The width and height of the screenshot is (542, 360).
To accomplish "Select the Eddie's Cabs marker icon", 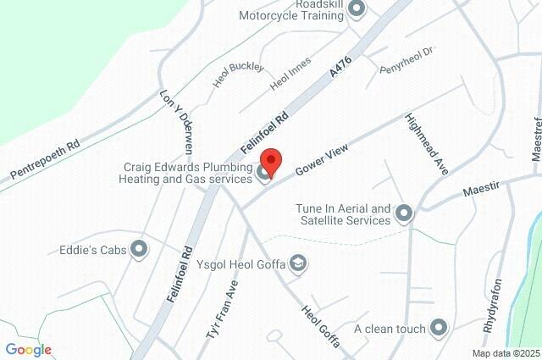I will coord(140,249).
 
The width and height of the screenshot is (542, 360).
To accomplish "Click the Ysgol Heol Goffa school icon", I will coord(297,264).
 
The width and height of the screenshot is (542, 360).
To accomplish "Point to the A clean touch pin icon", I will coord(439,327).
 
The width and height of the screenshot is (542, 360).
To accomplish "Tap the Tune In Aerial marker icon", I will coord(404,213).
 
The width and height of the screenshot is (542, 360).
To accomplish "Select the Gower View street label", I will coord(322,159).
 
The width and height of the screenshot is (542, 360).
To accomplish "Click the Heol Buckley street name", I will coord(239,75).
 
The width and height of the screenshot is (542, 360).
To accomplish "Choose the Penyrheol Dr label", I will coord(406,59).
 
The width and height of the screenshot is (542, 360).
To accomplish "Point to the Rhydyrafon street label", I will coord(492,306).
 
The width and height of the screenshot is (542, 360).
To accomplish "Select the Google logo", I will coord(28,350).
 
